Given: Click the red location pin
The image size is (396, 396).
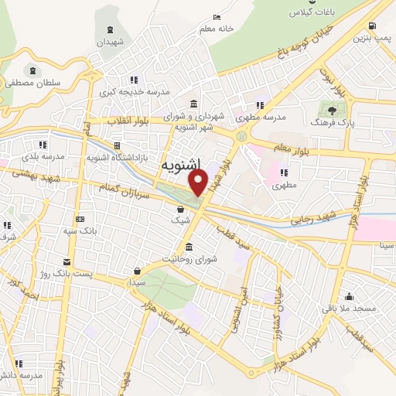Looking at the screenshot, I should (x=199, y=183).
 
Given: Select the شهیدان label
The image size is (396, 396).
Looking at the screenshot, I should (x=110, y=42).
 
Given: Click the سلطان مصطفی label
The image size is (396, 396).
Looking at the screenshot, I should (x=32, y=81).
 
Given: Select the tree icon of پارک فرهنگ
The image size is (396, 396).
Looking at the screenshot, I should (x=333, y=111).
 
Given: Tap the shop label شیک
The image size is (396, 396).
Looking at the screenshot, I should (x=180, y=220).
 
